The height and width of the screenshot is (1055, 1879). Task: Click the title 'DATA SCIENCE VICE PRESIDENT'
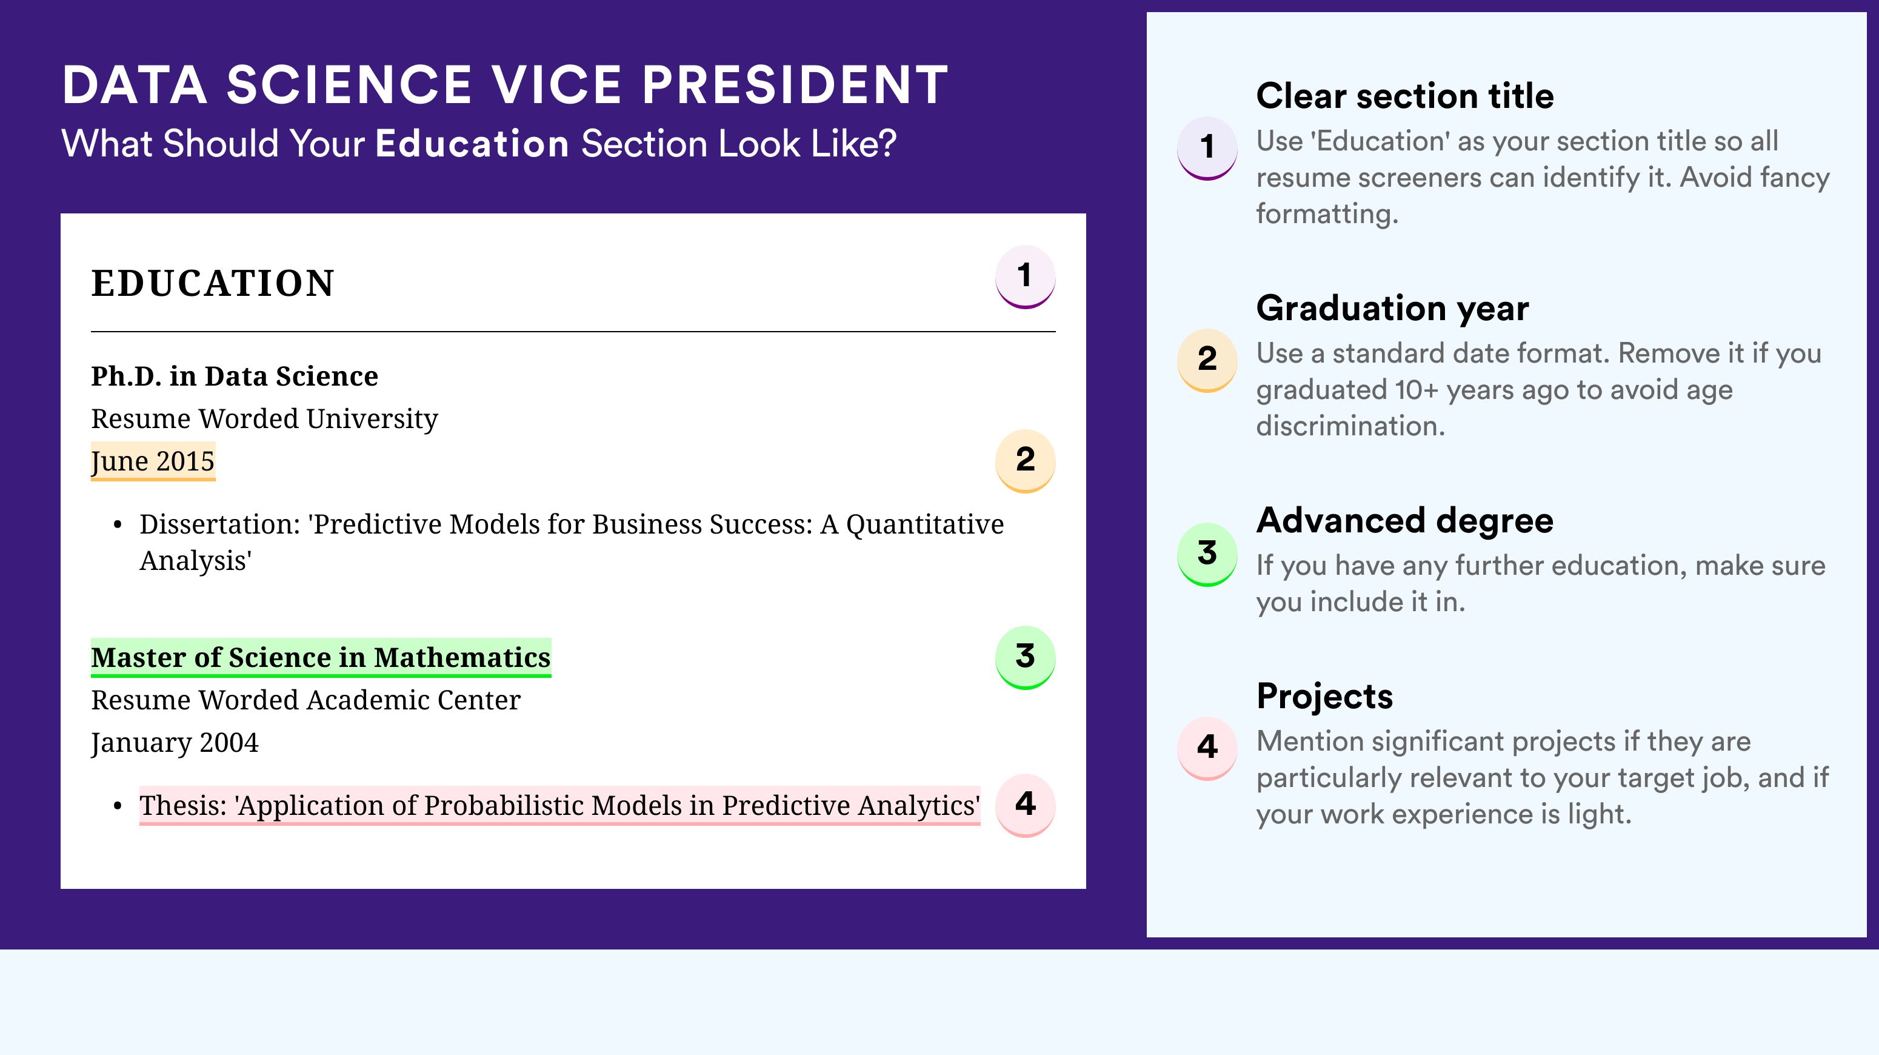click(x=505, y=85)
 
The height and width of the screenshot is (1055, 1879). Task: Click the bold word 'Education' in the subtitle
click(x=472, y=143)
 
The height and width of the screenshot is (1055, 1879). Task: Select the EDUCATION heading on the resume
click(x=212, y=283)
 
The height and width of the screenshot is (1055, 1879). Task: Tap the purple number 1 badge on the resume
click(x=1025, y=276)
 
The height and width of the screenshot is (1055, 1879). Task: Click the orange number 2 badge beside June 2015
click(x=1025, y=460)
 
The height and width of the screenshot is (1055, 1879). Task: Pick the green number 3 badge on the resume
click(x=1025, y=657)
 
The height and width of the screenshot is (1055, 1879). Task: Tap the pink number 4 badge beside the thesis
click(x=1025, y=805)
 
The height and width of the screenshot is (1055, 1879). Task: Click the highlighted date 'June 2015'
click(x=153, y=461)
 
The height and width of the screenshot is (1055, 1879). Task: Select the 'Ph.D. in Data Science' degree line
click(x=234, y=377)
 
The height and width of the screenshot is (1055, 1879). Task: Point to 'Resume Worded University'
click(x=264, y=419)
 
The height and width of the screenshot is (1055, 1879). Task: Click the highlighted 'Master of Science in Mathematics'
click(x=320, y=657)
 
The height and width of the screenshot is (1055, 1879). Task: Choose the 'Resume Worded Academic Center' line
click(x=305, y=700)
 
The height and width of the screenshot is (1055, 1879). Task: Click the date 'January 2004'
click(x=175, y=743)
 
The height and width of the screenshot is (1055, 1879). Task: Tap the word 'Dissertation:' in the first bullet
click(x=219, y=524)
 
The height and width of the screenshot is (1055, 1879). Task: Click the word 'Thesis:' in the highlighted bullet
click(x=183, y=805)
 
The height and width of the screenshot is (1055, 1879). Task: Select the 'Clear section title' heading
click(x=1405, y=96)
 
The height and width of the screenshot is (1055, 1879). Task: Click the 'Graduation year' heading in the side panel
click(x=1392, y=308)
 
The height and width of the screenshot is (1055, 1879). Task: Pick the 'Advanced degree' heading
click(x=1405, y=520)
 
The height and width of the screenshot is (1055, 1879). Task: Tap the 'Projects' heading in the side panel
click(x=1324, y=696)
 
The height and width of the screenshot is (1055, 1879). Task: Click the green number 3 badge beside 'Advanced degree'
click(x=1207, y=554)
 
